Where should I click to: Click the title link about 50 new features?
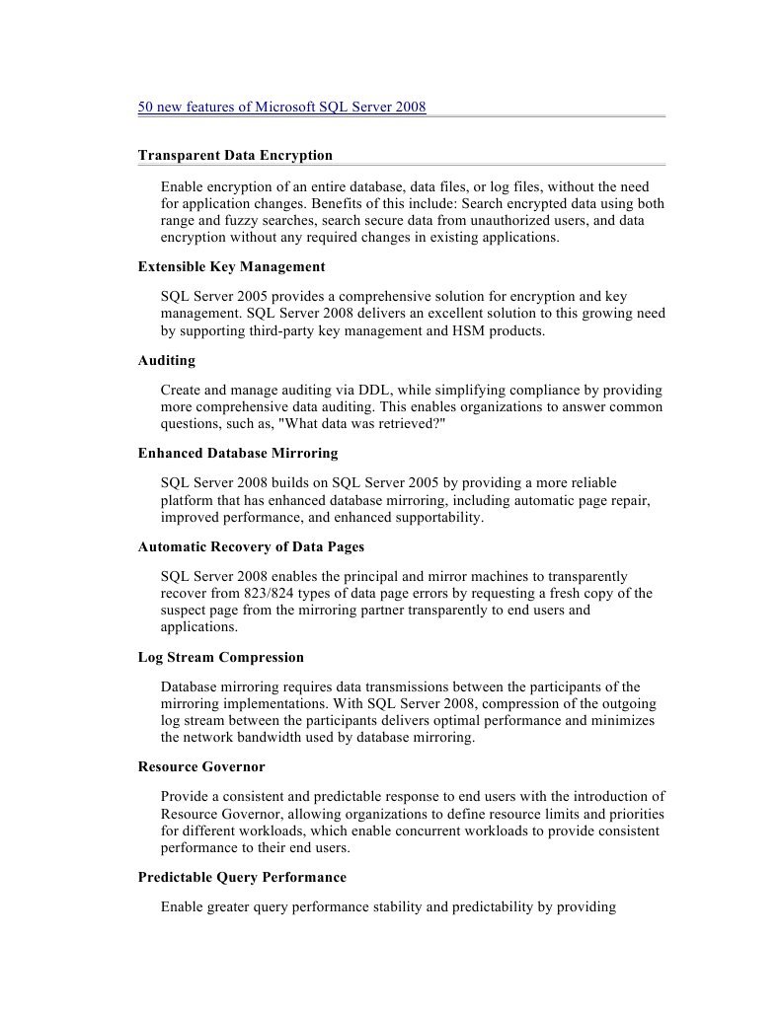(281, 107)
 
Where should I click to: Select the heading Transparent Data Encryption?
(235, 155)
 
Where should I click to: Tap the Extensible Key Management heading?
(231, 266)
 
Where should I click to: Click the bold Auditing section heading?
(167, 360)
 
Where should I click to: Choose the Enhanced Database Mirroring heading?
(238, 453)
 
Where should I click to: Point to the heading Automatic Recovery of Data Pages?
(258, 546)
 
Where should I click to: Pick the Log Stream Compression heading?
(221, 657)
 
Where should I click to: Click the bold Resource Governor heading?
(201, 766)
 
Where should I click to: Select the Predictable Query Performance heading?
(242, 877)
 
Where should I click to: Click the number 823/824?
(267, 593)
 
